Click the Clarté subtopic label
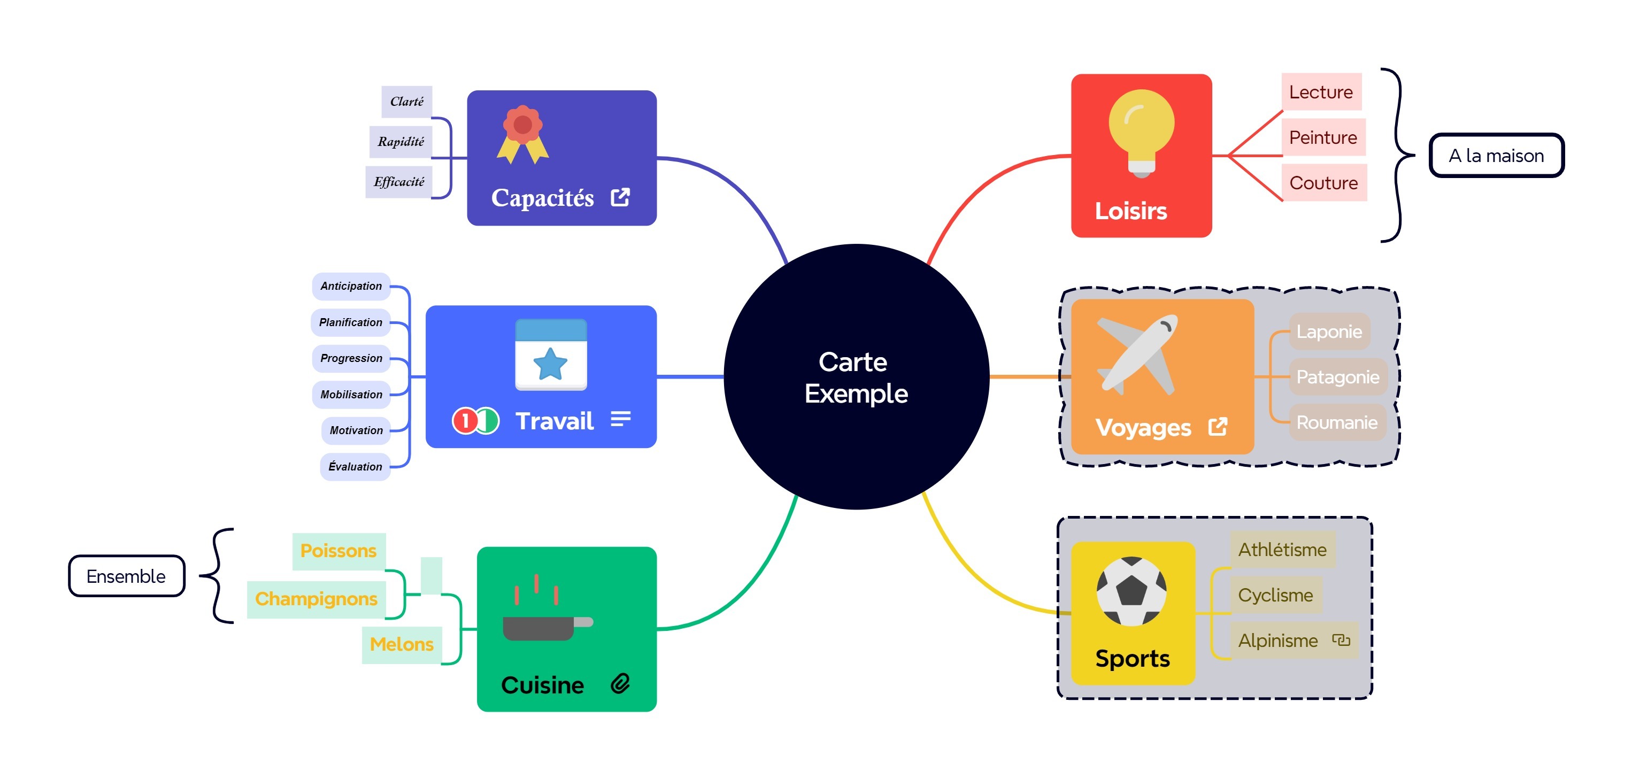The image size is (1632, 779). [407, 102]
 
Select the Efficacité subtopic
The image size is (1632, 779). [398, 182]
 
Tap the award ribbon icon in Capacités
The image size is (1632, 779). [522, 134]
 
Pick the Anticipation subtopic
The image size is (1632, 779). [351, 286]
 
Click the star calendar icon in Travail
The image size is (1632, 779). [551, 354]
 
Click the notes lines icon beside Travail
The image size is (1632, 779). [621, 419]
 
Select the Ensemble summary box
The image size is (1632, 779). [126, 576]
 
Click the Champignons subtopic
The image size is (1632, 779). [315, 598]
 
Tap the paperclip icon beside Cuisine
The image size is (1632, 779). [620, 683]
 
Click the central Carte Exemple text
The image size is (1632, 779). [856, 377]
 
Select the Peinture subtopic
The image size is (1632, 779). [1323, 137]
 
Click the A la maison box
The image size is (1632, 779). [1496, 155]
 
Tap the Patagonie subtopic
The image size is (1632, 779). [1337, 377]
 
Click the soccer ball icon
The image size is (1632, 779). [1131, 590]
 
